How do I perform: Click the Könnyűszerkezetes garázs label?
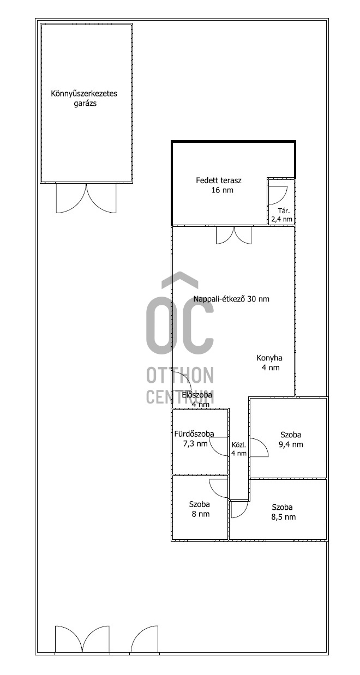tap(84, 98)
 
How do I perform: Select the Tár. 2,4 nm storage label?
tap(282, 215)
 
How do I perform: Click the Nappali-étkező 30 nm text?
tap(231, 299)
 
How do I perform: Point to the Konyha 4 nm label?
tap(269, 363)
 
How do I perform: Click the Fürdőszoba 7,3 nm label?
tap(194, 438)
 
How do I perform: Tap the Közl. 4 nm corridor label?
tap(239, 449)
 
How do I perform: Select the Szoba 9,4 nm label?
tap(291, 439)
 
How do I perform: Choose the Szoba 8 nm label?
tap(199, 509)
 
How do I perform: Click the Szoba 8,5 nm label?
tap(283, 512)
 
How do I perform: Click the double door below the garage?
tap(86, 198)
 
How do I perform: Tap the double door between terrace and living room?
tap(233, 236)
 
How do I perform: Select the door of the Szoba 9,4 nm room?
tap(259, 448)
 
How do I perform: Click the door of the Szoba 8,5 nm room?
tap(239, 510)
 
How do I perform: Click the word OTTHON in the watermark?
tap(180, 375)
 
